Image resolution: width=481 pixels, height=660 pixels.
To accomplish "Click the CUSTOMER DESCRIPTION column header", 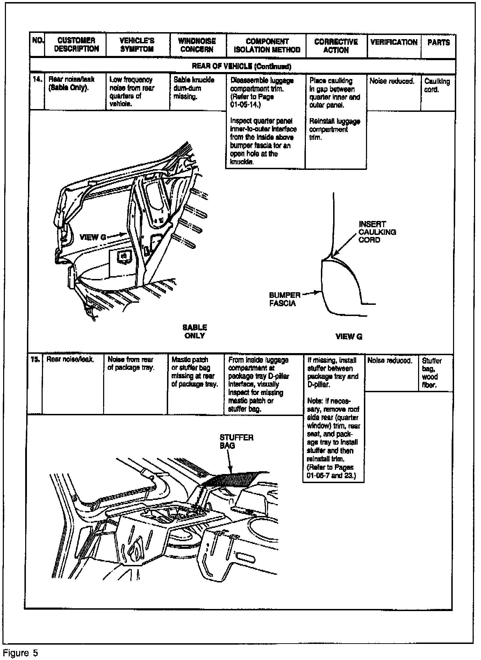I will [x=76, y=45].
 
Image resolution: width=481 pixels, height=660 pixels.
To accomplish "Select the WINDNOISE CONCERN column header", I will [x=197, y=45].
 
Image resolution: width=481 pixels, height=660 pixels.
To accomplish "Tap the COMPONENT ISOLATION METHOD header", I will [x=267, y=46].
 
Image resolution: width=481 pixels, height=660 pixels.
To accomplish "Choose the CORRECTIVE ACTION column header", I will [x=336, y=46].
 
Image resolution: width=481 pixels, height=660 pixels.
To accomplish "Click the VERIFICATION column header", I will [x=394, y=42].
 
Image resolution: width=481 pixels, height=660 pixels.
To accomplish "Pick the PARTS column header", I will [x=438, y=43].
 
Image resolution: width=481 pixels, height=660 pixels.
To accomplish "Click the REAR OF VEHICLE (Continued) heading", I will [x=242, y=66].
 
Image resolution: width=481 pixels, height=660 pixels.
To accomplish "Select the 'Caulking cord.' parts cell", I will [x=437, y=85].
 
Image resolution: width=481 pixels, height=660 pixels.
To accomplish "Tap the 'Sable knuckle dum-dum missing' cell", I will [x=194, y=88].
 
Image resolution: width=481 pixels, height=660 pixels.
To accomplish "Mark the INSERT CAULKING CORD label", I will [x=377, y=232].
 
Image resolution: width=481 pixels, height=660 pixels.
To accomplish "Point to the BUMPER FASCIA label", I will [x=285, y=299].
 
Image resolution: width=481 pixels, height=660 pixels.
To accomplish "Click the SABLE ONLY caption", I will [x=195, y=331].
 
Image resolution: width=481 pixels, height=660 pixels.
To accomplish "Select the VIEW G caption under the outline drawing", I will [x=349, y=336].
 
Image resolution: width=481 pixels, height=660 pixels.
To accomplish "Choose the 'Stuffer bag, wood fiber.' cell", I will [x=432, y=373].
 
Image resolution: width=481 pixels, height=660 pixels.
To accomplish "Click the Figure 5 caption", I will [x=20, y=653].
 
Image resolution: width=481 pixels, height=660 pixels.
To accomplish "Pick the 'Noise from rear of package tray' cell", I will [x=130, y=364].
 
